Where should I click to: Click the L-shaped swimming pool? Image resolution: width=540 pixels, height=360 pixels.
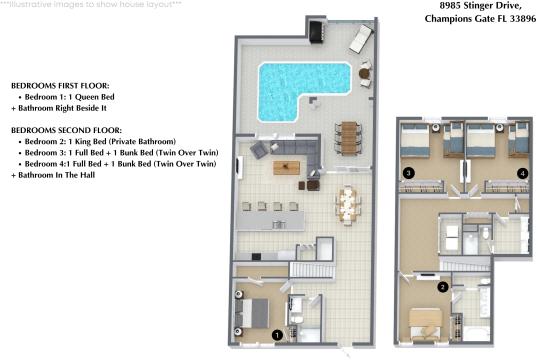click(x=300, y=82)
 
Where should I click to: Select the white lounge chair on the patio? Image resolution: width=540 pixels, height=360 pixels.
click(x=360, y=39)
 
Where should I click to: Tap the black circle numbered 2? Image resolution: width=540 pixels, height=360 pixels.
click(x=442, y=288)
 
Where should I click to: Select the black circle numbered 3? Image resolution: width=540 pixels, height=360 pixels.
click(x=408, y=173)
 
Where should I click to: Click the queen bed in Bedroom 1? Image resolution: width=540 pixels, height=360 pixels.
click(x=253, y=312)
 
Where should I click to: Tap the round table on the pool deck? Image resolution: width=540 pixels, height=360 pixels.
click(x=364, y=73)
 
